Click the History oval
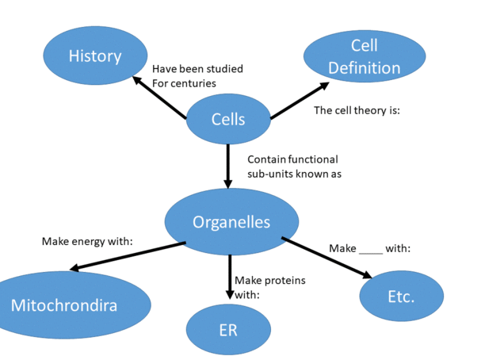point(94,56)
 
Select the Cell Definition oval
point(364,57)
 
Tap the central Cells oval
point(228,120)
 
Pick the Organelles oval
point(231,222)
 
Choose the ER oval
point(228,329)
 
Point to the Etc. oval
point(400,297)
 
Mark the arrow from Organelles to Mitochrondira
point(127,257)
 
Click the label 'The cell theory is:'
point(357,110)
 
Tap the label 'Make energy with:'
point(86,241)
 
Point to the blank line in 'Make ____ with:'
point(371,248)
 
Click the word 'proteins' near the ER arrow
point(284,280)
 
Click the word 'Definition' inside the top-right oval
point(364,68)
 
